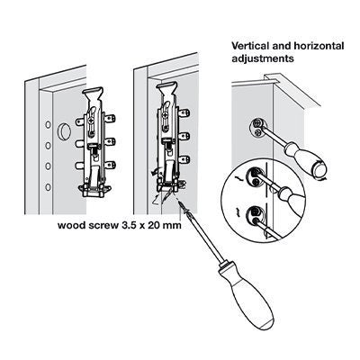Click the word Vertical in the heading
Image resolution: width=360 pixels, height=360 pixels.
click(x=248, y=46)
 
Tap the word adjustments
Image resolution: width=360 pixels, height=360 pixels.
click(x=263, y=58)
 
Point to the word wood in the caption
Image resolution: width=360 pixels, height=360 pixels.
click(x=68, y=225)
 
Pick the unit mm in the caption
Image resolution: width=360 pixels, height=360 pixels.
click(x=174, y=225)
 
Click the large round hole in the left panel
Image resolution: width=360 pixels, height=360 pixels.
click(x=64, y=131)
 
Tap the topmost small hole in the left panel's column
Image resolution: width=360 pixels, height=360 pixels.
click(x=48, y=124)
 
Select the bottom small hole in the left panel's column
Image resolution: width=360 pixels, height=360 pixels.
click(x=48, y=187)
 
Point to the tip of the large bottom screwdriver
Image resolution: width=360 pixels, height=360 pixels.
click(x=181, y=203)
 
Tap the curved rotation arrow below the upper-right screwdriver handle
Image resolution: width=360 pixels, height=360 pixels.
click(x=322, y=179)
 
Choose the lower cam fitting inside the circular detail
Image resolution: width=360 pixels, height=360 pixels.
click(x=255, y=217)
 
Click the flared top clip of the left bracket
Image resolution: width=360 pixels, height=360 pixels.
click(x=93, y=94)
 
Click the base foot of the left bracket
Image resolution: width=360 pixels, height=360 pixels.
click(x=94, y=191)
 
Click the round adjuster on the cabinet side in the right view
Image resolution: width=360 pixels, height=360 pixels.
click(x=257, y=127)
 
